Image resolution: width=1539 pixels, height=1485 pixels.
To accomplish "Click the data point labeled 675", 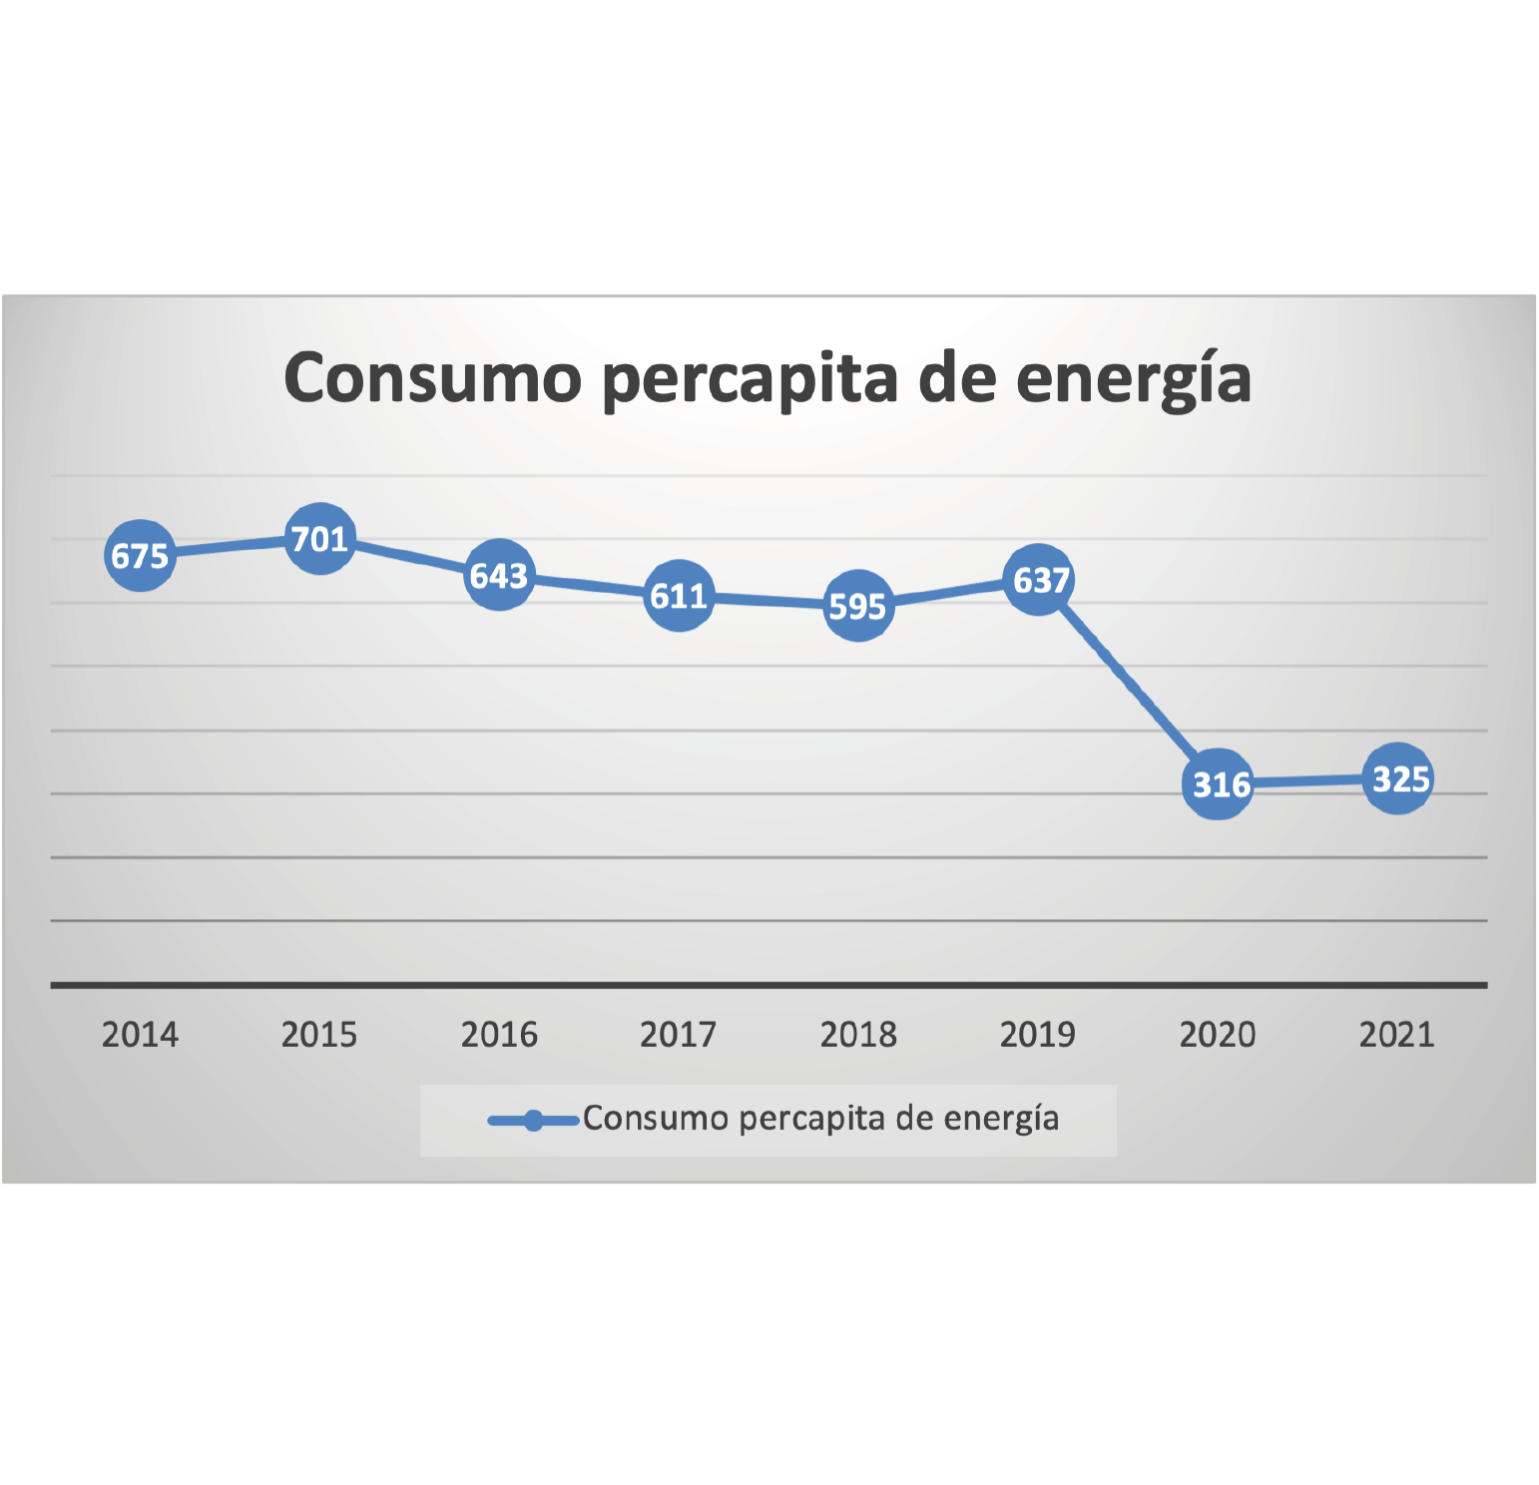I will (x=140, y=555).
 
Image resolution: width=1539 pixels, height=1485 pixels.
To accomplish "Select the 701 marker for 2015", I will (x=319, y=539).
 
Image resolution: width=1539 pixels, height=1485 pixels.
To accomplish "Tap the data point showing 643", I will (x=499, y=575).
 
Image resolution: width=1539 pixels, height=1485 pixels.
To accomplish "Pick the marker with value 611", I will (x=679, y=596).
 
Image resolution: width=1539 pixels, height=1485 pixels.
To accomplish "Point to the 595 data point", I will (x=858, y=605).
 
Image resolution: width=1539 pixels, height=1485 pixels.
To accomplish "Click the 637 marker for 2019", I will (x=1038, y=580).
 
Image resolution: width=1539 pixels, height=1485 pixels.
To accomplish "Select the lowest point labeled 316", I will (x=1218, y=784).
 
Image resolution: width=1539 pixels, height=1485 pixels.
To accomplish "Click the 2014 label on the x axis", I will (x=140, y=1035).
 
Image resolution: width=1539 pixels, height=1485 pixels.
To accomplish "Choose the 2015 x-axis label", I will (x=319, y=1035).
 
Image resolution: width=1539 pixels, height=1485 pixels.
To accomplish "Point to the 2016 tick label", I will (x=499, y=1035).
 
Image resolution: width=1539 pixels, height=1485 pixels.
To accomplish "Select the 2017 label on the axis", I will (x=679, y=1035).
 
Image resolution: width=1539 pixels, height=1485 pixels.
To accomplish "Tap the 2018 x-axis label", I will (x=858, y=1035).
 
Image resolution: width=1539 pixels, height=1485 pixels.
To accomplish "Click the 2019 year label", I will (x=1038, y=1035).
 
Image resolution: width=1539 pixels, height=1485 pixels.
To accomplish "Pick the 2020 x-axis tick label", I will (x=1218, y=1035).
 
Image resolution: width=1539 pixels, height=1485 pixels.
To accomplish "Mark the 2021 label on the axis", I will (x=1397, y=1035).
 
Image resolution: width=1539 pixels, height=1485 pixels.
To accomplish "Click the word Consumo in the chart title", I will (x=432, y=378).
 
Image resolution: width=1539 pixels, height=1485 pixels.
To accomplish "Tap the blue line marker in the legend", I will (x=533, y=1121).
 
